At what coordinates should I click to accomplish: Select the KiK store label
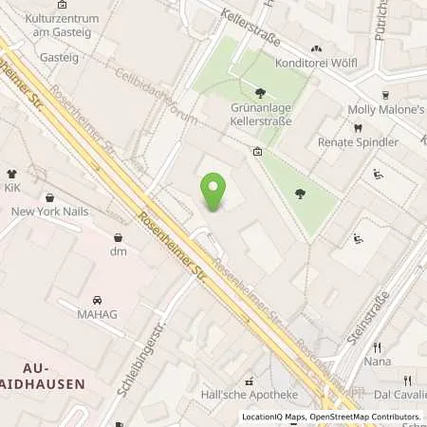[12, 190]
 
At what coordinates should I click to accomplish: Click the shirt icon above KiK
[12, 174]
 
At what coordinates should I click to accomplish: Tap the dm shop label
[118, 251]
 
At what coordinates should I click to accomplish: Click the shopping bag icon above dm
[118, 237]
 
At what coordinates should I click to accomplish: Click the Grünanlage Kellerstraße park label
[260, 114]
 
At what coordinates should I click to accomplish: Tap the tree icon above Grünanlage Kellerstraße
[260, 93]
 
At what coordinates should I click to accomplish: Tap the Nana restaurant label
[377, 362]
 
